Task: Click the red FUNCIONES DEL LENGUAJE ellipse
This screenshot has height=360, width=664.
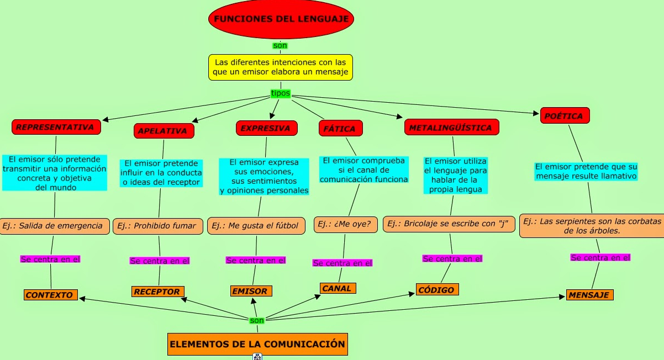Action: pyautogui.click(x=281, y=19)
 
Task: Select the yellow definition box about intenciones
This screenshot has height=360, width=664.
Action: pyautogui.click(x=281, y=67)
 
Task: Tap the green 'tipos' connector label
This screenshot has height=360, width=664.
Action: pyautogui.click(x=281, y=93)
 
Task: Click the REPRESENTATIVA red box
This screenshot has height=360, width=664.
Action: pyautogui.click(x=56, y=127)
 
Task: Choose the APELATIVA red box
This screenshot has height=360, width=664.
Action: pyautogui.click(x=164, y=131)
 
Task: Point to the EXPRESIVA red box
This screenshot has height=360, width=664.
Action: pyautogui.click(x=267, y=128)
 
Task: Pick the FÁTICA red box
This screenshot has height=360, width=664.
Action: pyautogui.click(x=341, y=128)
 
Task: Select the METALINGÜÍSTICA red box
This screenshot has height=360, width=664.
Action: pyautogui.click(x=452, y=128)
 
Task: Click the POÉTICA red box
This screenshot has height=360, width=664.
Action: pyautogui.click(x=565, y=115)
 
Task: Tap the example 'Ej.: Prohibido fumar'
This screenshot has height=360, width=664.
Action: pyautogui.click(x=158, y=226)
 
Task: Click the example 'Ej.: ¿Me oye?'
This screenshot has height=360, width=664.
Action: pyautogui.click(x=346, y=225)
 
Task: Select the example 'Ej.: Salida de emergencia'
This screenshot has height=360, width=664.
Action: pyautogui.click(x=55, y=226)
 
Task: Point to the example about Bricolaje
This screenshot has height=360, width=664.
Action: pyautogui.click(x=449, y=224)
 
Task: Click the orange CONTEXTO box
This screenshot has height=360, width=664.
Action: pyautogui.click(x=51, y=295)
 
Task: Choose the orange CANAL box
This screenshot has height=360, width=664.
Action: pyautogui.click(x=338, y=288)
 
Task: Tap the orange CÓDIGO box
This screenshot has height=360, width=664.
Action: pyautogui.click(x=437, y=289)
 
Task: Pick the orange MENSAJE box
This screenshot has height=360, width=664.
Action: pyautogui.click(x=590, y=295)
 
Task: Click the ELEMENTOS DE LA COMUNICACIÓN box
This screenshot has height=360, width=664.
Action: pyautogui.click(x=257, y=345)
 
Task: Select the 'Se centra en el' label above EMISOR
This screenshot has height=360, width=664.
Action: pyautogui.click(x=256, y=260)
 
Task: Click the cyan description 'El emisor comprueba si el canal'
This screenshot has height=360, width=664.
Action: pyautogui.click(x=364, y=170)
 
